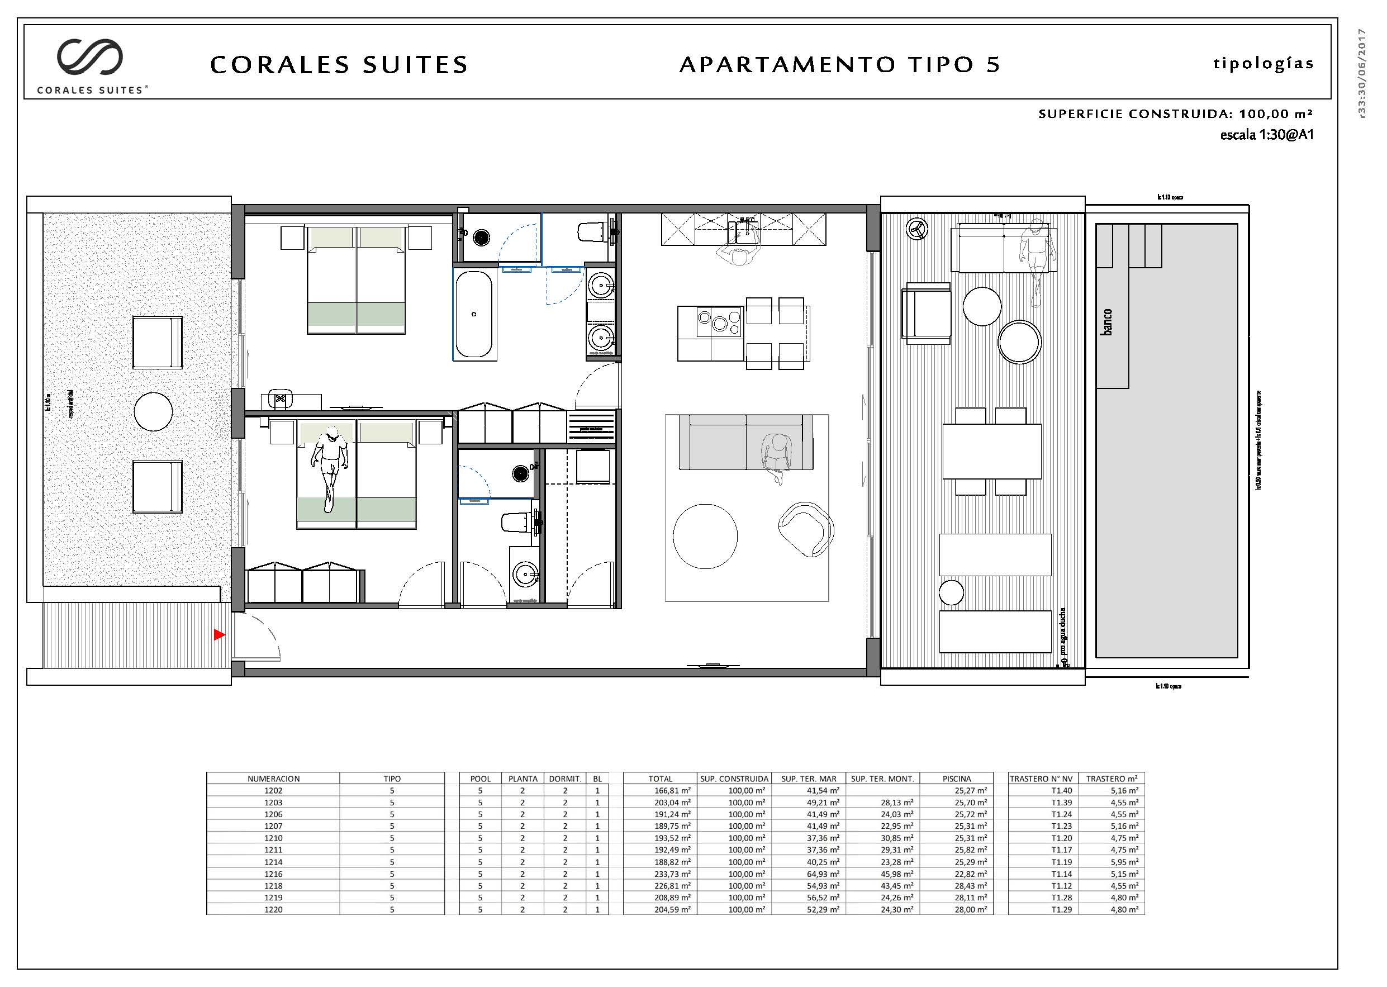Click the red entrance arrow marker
pos(219,634)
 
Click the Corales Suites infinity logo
pos(90,57)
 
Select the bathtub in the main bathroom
pos(473,314)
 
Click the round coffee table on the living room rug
pos(705,536)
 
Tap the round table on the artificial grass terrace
pos(153,411)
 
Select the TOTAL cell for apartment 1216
pos(660,874)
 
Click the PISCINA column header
pos(956,779)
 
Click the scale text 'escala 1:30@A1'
pos(1266,135)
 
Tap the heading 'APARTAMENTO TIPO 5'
pos(839,64)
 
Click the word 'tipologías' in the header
pos(1263,64)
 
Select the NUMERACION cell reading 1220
pos(273,910)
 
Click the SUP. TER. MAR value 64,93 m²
pos(810,874)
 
